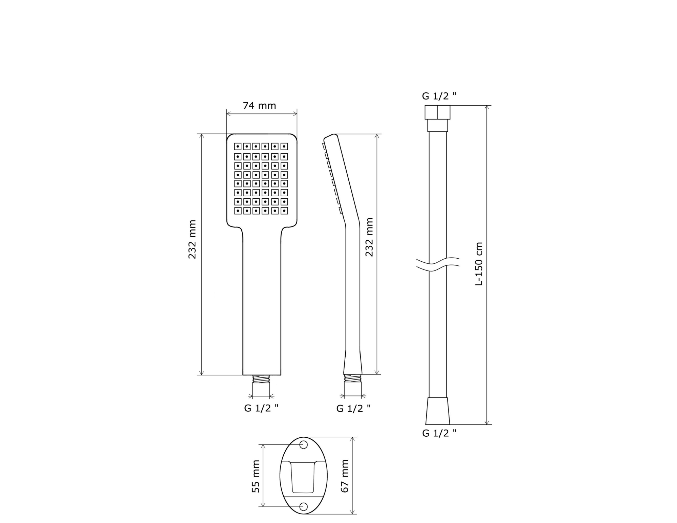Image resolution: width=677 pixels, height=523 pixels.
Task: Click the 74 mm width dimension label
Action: coord(259,106)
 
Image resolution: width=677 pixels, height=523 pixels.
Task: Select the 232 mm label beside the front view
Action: coord(192,239)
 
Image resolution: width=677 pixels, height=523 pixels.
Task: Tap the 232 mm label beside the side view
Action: coord(369,237)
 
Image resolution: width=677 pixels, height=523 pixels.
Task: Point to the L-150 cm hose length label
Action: coord(479,264)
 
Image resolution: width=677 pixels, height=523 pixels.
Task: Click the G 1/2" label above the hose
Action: coord(439,96)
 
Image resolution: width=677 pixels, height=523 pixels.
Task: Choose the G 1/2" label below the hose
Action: coord(439,433)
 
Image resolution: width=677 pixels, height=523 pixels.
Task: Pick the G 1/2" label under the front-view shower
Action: coord(261,408)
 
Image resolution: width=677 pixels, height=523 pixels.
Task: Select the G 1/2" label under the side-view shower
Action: coord(353,409)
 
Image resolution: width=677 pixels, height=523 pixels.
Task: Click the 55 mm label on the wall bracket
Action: coord(256,476)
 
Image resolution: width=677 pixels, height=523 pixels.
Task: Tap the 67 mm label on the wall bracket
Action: coord(345,476)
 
